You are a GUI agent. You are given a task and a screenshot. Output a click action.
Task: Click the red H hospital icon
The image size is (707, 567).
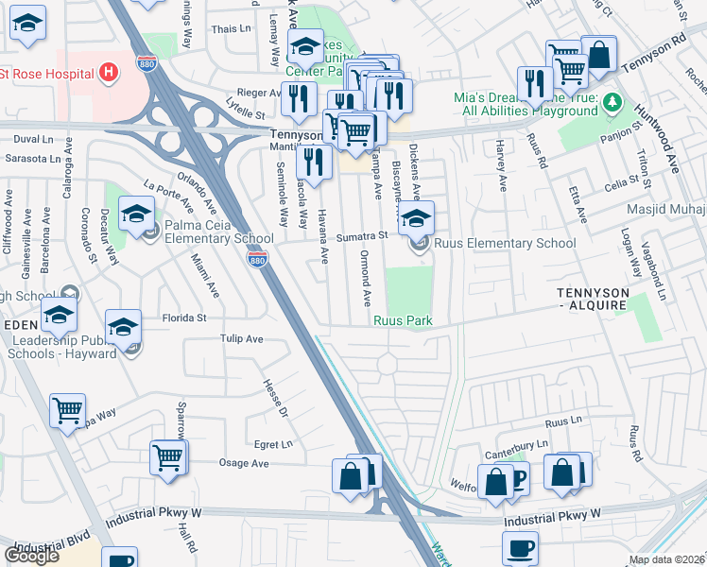(109, 72)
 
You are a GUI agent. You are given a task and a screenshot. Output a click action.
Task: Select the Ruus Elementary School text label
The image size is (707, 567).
(505, 244)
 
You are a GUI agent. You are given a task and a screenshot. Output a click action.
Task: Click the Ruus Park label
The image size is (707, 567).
(403, 321)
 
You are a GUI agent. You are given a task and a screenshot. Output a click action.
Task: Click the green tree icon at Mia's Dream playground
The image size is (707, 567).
(612, 100)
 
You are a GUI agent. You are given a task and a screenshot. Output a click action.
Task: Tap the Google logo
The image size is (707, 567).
(31, 555)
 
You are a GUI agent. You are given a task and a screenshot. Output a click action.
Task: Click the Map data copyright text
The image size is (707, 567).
(667, 559)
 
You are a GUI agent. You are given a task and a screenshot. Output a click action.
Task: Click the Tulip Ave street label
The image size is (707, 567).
(241, 338)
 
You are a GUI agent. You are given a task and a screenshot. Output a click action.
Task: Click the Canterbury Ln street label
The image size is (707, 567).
(516, 444)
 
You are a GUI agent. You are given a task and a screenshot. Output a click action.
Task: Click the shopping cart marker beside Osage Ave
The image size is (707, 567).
(167, 457)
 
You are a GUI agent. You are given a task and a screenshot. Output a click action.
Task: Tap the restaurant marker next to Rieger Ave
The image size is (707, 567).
(299, 97)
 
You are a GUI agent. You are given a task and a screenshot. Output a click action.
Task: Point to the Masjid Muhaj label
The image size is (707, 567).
(666, 209)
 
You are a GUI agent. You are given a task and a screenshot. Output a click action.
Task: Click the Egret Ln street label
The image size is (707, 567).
(274, 444)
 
